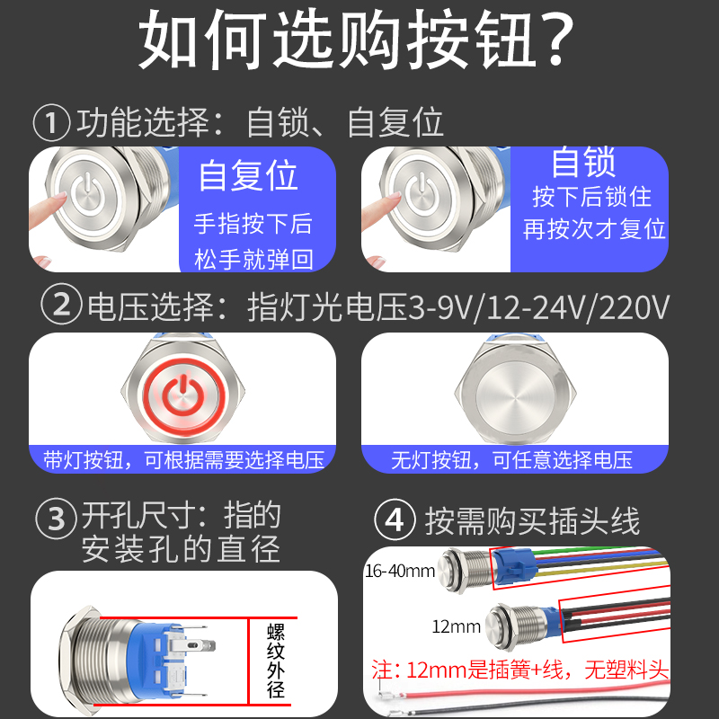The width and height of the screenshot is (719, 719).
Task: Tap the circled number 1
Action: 51,122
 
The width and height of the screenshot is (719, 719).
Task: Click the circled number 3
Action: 55,519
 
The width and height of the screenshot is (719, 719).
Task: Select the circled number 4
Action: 396,519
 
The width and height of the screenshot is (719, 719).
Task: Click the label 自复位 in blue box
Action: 248,174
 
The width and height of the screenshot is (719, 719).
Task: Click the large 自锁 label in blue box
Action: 583,163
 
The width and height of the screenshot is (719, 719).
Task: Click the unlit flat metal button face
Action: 514,393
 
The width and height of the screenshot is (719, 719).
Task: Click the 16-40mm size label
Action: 400,570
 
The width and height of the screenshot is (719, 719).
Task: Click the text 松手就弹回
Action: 253,260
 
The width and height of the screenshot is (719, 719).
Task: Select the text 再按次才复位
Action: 595,228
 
